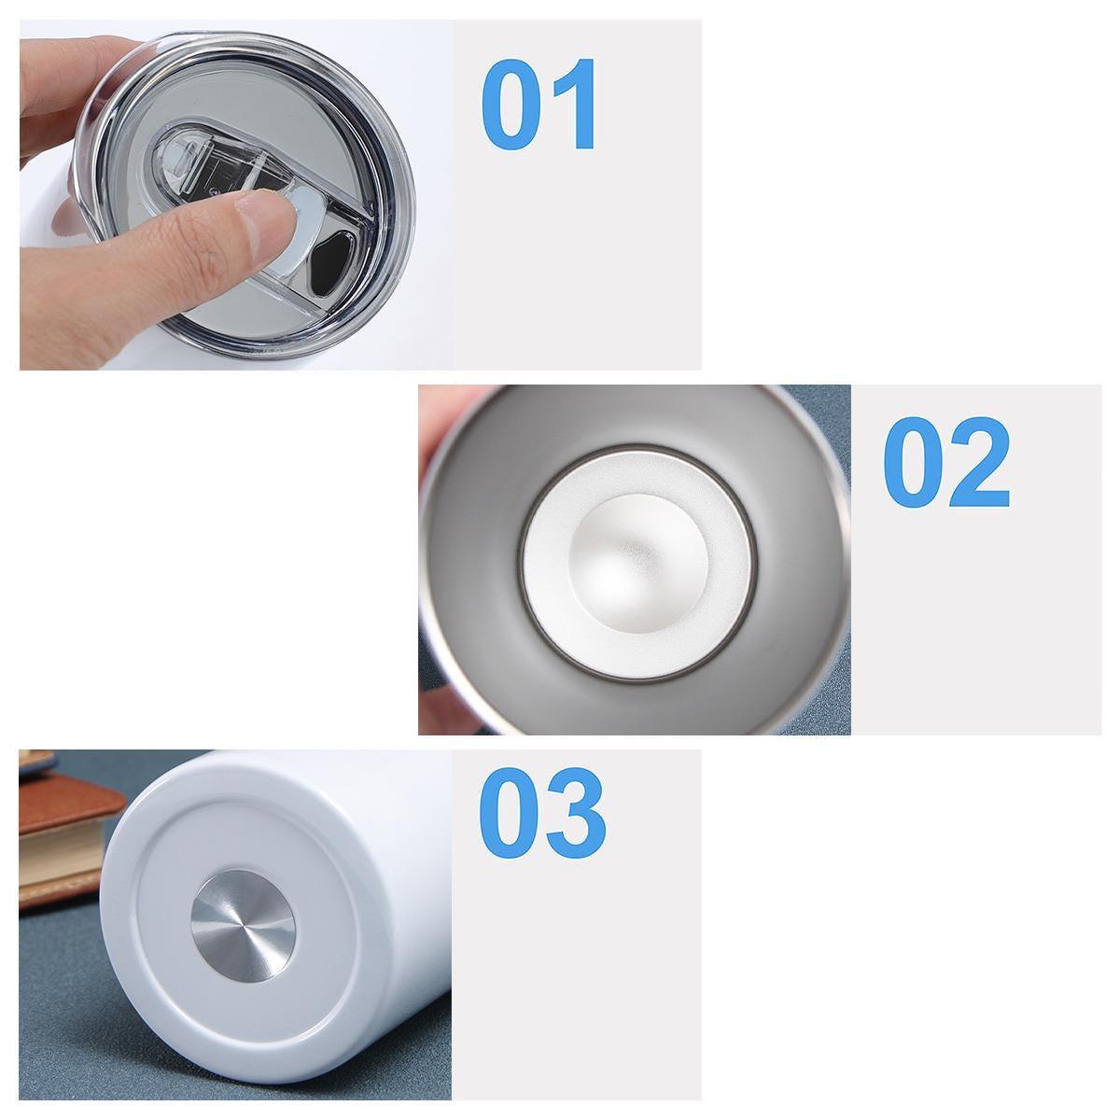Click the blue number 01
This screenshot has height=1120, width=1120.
pyautogui.click(x=539, y=104)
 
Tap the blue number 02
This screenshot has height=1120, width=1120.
pyautogui.click(x=946, y=462)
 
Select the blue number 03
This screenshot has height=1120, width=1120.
pyautogui.click(x=542, y=814)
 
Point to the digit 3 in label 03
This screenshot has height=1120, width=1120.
pyautogui.click(x=577, y=814)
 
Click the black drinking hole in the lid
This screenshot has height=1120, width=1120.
pyautogui.click(x=331, y=260)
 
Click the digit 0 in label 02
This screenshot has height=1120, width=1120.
pyautogui.click(x=915, y=462)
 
